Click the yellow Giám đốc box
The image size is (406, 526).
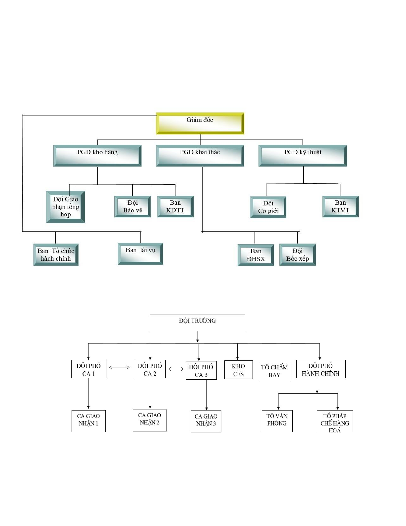(x=200, y=123)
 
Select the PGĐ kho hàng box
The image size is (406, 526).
(x=97, y=156)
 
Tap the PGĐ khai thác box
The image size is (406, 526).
(x=200, y=156)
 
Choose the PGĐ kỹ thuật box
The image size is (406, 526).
(x=303, y=156)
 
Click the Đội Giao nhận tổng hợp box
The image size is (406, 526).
(x=66, y=207)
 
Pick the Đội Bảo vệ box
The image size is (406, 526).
(x=133, y=206)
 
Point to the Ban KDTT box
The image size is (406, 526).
(x=175, y=206)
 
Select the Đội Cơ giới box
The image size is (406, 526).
(x=268, y=207)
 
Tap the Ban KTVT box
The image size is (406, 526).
(x=340, y=206)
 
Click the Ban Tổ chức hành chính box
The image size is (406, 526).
(x=56, y=255)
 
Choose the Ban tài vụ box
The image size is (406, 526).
(x=141, y=254)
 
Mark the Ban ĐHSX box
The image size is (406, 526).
(x=256, y=255)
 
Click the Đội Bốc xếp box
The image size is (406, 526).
(x=298, y=255)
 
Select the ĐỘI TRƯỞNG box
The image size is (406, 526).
(x=198, y=323)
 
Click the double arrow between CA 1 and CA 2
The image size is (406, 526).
(x=119, y=367)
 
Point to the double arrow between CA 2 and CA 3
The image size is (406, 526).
(x=176, y=369)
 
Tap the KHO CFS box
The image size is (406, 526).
(x=238, y=370)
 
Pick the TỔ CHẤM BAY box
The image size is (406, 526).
(x=274, y=371)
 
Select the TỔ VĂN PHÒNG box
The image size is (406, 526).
(x=277, y=421)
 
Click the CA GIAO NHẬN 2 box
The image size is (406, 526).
(x=149, y=420)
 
